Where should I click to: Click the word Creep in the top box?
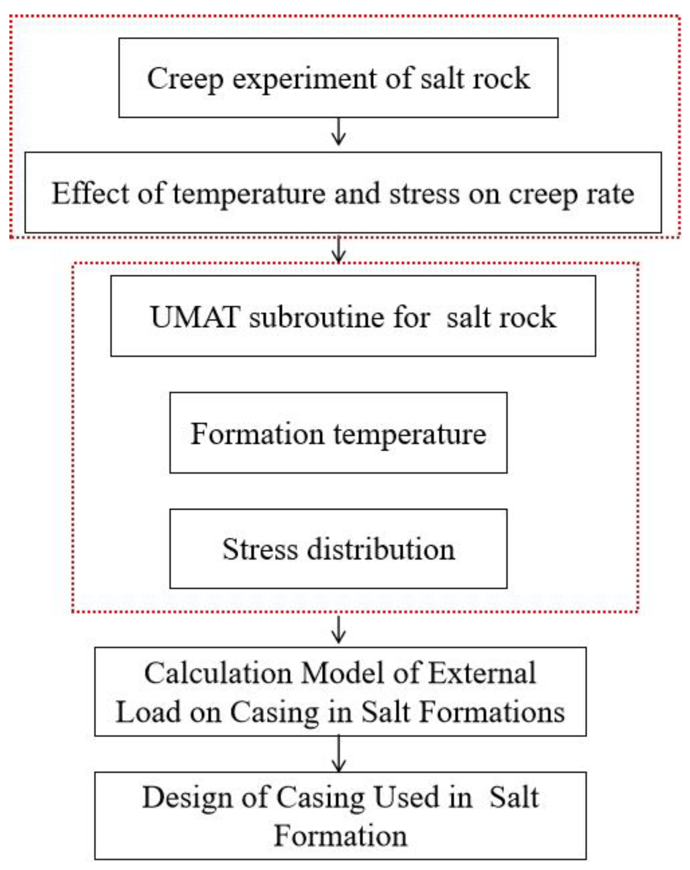point(184,79)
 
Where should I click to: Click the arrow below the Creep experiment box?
point(338,132)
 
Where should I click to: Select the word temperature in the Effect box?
point(249,194)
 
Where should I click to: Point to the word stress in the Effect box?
point(424,194)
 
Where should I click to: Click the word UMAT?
point(195,317)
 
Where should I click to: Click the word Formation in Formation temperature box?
point(257,434)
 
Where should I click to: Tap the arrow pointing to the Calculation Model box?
point(338,629)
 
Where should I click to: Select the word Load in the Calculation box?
point(148,712)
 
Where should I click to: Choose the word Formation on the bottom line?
point(340,835)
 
